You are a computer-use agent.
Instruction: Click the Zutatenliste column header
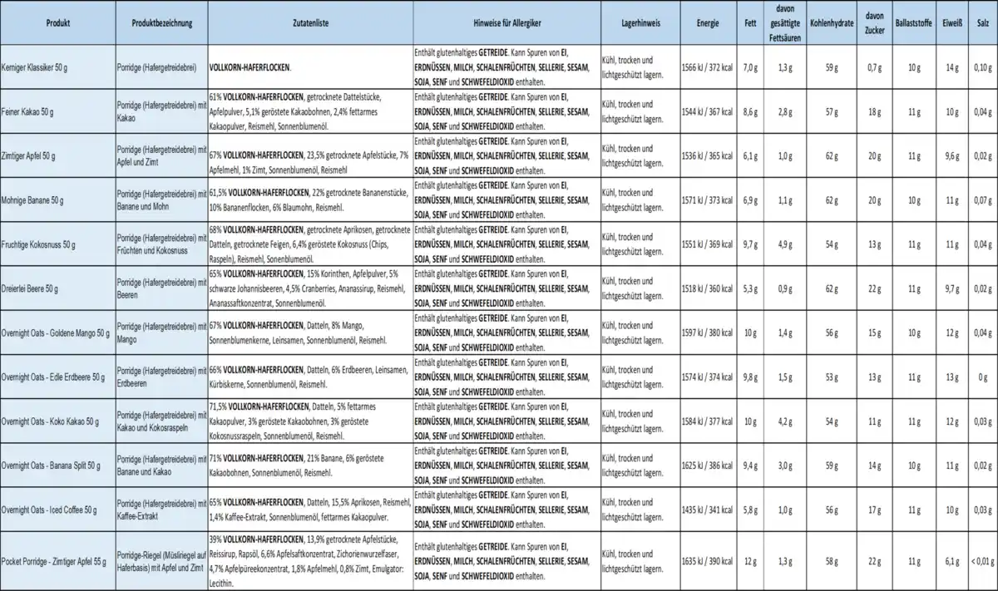(x=310, y=23)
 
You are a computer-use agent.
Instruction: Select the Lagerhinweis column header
(x=641, y=23)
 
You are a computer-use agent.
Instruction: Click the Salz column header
(x=982, y=23)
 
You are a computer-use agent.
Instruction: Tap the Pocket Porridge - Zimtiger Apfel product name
(x=55, y=562)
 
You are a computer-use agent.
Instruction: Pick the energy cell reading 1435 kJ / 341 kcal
(x=707, y=508)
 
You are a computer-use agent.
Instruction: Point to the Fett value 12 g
(x=750, y=562)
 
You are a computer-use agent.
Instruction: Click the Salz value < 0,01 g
(x=981, y=562)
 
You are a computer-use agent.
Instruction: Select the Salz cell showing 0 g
(x=982, y=376)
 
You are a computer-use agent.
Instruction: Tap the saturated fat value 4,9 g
(x=783, y=244)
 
